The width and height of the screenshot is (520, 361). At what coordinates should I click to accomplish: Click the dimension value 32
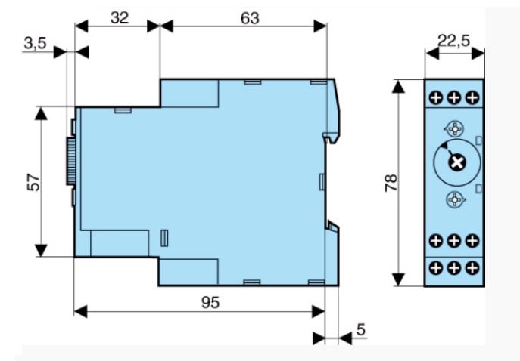click(x=120, y=17)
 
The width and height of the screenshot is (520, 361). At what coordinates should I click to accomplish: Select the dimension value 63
click(x=250, y=18)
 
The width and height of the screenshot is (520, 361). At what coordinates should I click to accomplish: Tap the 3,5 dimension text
click(x=35, y=43)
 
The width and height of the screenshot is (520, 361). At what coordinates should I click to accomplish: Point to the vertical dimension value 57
click(x=33, y=182)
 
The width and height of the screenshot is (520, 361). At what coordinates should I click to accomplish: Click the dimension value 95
click(x=210, y=302)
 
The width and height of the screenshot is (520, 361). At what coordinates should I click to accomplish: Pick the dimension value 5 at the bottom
click(x=361, y=329)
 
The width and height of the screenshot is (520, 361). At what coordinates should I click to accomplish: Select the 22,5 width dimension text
click(x=453, y=41)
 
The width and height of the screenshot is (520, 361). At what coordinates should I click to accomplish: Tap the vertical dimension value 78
click(x=391, y=182)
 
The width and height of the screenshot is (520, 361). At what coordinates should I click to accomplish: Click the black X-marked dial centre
click(x=457, y=162)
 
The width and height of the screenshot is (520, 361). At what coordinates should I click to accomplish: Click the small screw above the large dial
click(x=455, y=128)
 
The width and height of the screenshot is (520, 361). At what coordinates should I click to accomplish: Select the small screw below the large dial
click(x=455, y=199)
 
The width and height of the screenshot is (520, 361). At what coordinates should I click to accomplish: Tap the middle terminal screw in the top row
click(x=454, y=97)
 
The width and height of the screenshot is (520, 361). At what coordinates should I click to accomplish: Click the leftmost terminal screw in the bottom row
click(x=436, y=267)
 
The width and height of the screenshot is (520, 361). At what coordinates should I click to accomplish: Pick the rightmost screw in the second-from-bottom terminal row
click(x=472, y=241)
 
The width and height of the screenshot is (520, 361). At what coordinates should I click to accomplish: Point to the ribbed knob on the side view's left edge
click(x=71, y=161)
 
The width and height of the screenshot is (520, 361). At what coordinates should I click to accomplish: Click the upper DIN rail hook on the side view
click(x=332, y=137)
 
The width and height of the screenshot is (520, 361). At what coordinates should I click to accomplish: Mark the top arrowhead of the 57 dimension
click(x=41, y=113)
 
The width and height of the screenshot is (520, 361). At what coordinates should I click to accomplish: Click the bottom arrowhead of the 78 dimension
click(x=398, y=279)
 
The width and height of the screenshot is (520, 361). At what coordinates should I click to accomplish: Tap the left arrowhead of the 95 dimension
click(x=80, y=311)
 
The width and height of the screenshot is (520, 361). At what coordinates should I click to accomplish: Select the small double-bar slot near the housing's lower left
click(x=164, y=238)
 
